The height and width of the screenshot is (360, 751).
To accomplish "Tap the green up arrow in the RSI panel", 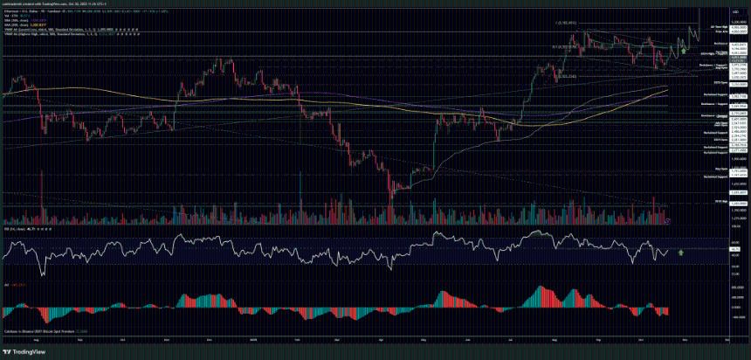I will click(679, 252).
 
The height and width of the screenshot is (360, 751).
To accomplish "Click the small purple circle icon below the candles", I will click(667, 221).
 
